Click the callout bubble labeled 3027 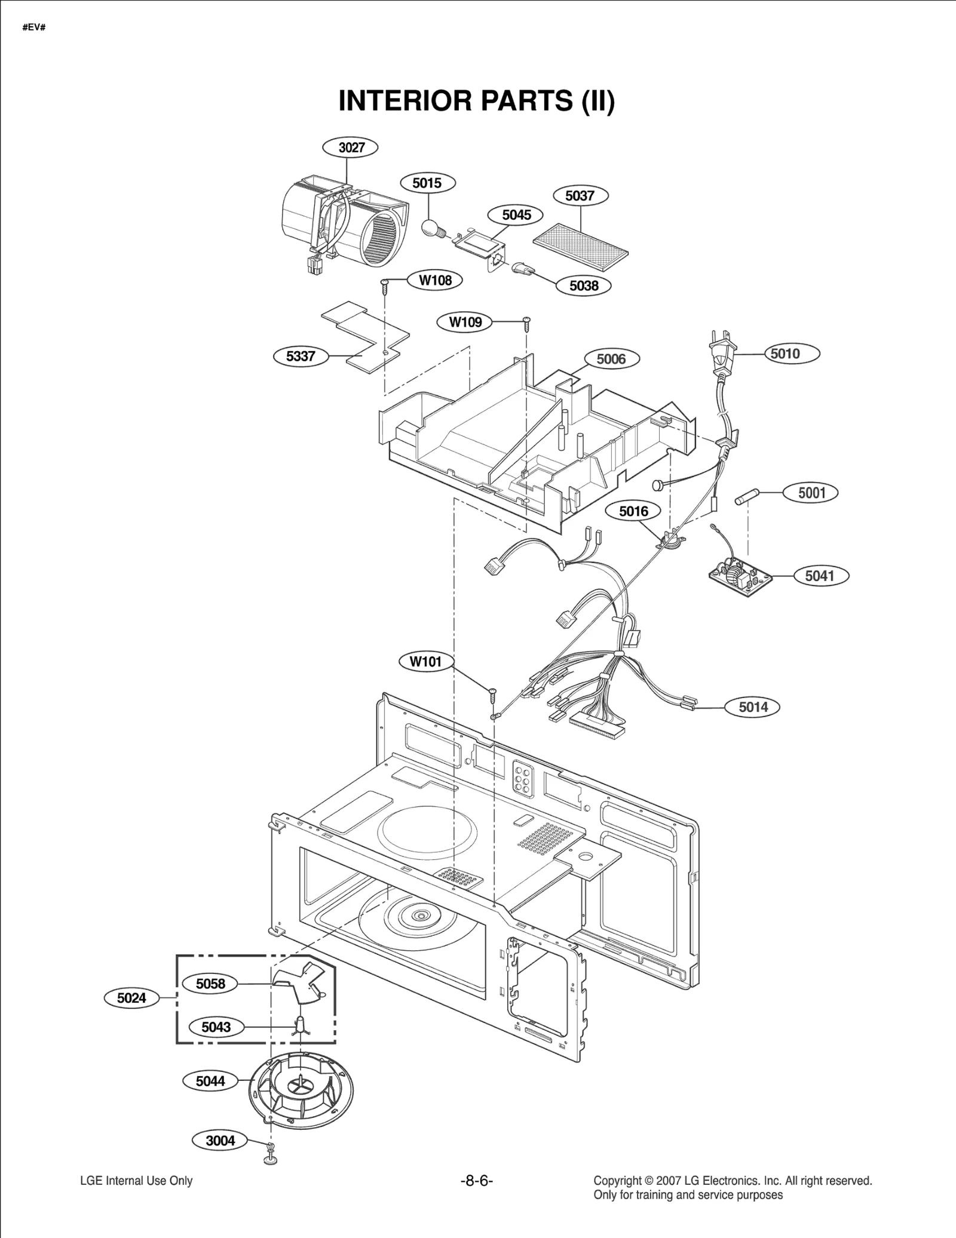351,148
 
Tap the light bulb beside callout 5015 431,228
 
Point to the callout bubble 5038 583,285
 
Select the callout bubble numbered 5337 301,357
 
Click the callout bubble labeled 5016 633,511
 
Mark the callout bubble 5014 752,707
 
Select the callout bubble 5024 131,998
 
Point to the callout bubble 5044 210,1081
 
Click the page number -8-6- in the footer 476,1181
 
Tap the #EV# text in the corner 34,28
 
